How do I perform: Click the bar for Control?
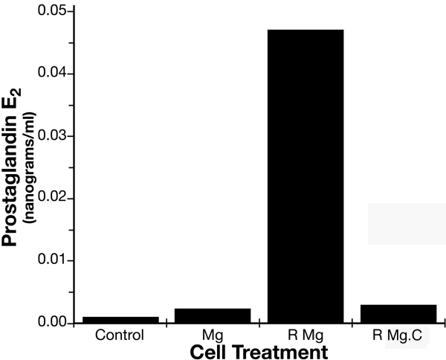click(120, 320)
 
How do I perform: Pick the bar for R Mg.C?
click(398, 314)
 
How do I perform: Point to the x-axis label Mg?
click(213, 335)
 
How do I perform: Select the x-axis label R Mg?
click(306, 335)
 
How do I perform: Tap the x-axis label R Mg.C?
click(398, 336)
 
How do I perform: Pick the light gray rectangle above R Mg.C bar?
click(407, 223)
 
